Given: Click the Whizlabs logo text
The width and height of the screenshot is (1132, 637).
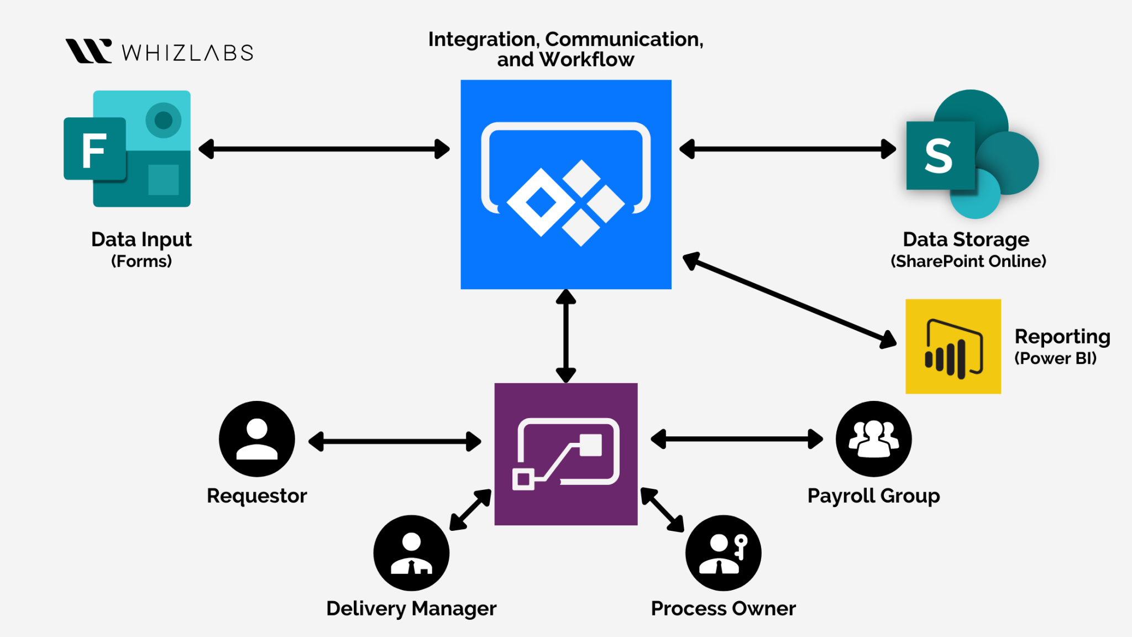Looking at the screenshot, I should pyautogui.click(x=187, y=53).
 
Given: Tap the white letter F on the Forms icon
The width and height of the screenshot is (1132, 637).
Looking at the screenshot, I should pyautogui.click(x=94, y=150).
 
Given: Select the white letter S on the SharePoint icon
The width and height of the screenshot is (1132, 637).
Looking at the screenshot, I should pyautogui.click(x=939, y=156).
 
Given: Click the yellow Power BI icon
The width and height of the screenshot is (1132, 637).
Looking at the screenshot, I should pyautogui.click(x=953, y=347).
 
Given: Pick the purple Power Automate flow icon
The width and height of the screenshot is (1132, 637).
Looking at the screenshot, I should pyautogui.click(x=566, y=454).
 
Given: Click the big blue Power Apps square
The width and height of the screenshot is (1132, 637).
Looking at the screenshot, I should pyautogui.click(x=566, y=184).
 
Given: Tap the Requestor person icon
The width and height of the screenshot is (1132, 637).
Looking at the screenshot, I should pyautogui.click(x=257, y=439).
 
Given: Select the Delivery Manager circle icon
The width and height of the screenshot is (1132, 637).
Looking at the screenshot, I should pyautogui.click(x=411, y=553).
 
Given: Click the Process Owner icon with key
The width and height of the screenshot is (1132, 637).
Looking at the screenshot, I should pyautogui.click(x=723, y=553).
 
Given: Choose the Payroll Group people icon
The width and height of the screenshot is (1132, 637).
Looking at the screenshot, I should pyautogui.click(x=873, y=439).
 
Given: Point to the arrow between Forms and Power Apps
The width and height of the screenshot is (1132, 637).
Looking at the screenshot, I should pyautogui.click(x=324, y=149).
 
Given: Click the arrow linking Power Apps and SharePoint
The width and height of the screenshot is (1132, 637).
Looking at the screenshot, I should pyautogui.click(x=787, y=149).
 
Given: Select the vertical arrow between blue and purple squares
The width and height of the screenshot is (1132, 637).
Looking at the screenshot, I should pyautogui.click(x=566, y=336).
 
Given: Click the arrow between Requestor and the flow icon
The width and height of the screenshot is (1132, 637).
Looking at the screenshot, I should pyautogui.click(x=395, y=441).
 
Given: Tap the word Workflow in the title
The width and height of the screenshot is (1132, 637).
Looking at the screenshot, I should pyautogui.click(x=587, y=60).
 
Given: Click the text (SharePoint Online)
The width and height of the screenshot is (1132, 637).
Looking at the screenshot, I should pyautogui.click(x=968, y=261).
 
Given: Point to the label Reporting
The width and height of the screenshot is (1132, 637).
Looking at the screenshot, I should pyautogui.click(x=1062, y=336).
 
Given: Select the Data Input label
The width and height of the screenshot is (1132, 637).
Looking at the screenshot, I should pyautogui.click(x=141, y=239).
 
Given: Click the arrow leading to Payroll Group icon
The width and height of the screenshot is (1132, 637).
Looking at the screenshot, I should pyautogui.click(x=737, y=439).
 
